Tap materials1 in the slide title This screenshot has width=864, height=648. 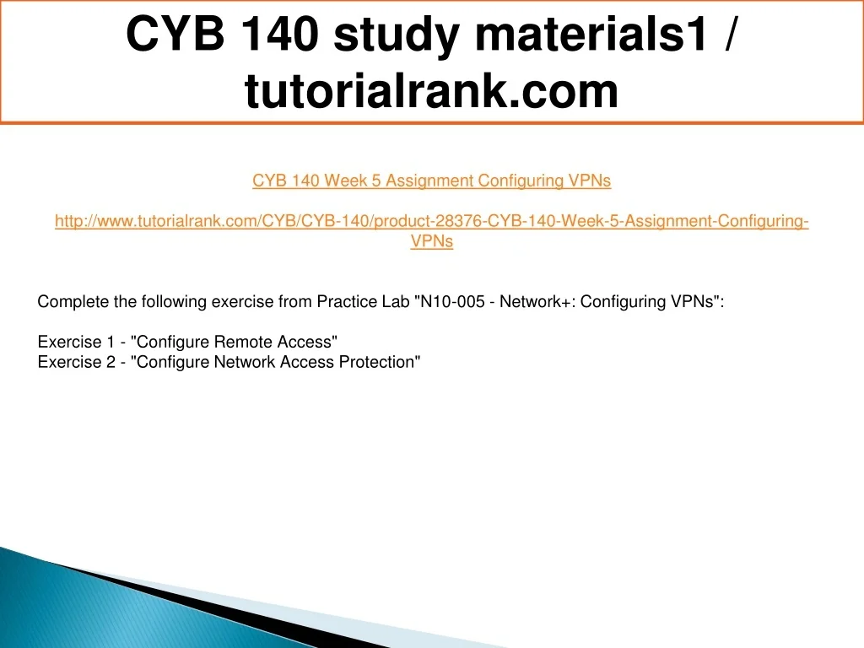[x=591, y=34]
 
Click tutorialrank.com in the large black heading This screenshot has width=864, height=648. [x=431, y=91]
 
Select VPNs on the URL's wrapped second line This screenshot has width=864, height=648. [x=432, y=241]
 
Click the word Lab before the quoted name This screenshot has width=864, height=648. [x=397, y=302]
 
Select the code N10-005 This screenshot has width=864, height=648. [x=452, y=302]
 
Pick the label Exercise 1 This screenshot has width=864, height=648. [x=75, y=343]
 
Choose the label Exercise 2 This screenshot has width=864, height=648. [x=77, y=362]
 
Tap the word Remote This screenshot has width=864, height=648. [x=242, y=343]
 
